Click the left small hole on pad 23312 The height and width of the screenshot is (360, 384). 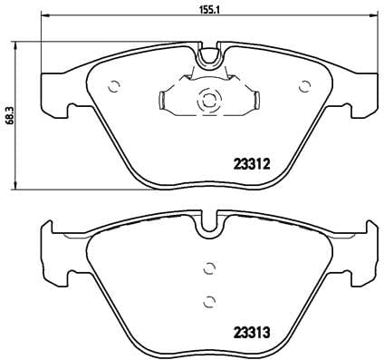coord(115,87)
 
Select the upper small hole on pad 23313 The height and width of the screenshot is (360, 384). coord(209,267)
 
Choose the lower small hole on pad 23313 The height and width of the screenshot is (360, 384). coord(209,301)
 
